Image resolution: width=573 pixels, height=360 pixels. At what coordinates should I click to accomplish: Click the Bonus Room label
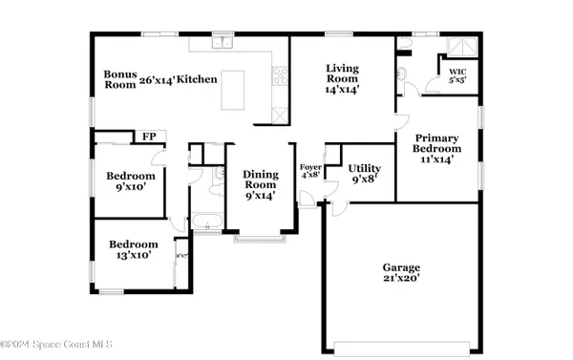121,79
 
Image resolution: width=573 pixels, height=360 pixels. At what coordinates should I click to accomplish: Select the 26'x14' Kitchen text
179,79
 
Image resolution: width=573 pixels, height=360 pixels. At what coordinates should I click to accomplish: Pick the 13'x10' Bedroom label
132,249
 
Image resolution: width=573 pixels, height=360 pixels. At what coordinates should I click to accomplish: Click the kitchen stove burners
281,75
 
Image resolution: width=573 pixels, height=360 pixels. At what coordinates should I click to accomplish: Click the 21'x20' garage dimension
402,279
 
